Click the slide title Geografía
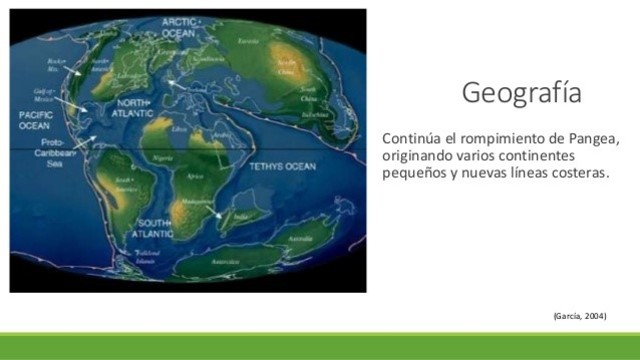(521, 94)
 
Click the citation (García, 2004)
(580, 315)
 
